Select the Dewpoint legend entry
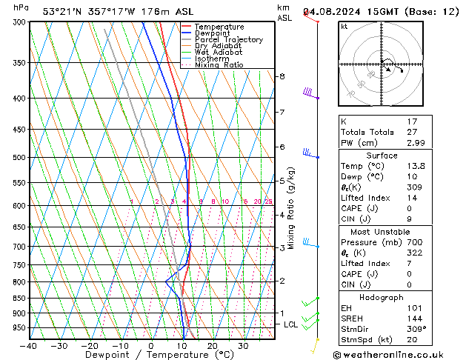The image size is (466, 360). (x=211, y=33)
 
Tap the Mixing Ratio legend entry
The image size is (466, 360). (x=219, y=65)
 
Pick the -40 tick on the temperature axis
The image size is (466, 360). (x=29, y=346)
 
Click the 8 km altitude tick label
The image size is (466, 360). (x=282, y=76)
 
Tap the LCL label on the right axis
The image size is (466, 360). (x=291, y=324)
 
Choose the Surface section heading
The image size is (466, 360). (x=382, y=156)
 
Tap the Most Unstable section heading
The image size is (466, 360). (x=382, y=231)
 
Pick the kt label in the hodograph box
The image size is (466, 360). (x=344, y=26)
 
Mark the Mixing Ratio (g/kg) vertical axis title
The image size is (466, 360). (x=291, y=208)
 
